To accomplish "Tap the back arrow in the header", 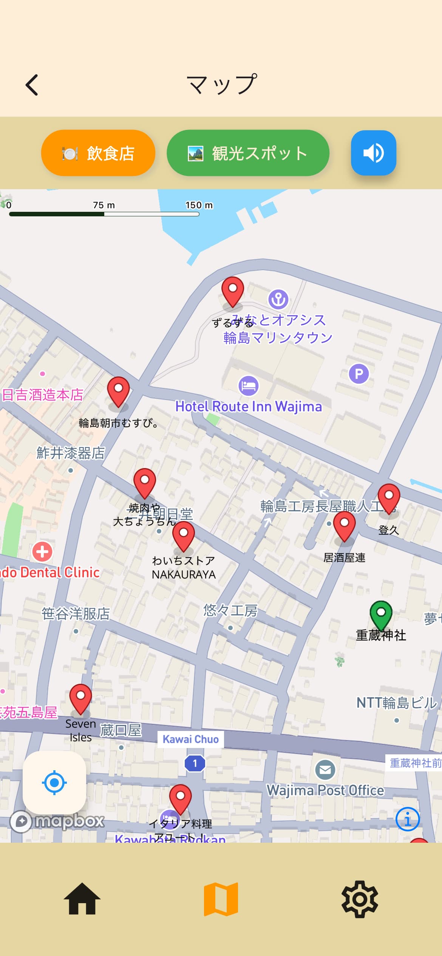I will (32, 85).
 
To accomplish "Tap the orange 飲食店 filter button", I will (98, 153).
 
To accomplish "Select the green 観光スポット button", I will (248, 153).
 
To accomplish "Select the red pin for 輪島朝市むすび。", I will (118, 390).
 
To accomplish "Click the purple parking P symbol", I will (359, 374).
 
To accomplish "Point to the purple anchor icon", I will (278, 299).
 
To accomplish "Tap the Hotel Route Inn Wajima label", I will (249, 406).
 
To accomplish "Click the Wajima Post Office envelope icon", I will (325, 769).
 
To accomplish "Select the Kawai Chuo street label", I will (190, 739).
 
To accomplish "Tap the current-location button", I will (54, 783).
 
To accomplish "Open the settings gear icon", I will (360, 899).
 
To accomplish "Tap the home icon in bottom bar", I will (82, 899).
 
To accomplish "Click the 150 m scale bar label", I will (199, 205).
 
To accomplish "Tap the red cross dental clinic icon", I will (42, 552).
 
